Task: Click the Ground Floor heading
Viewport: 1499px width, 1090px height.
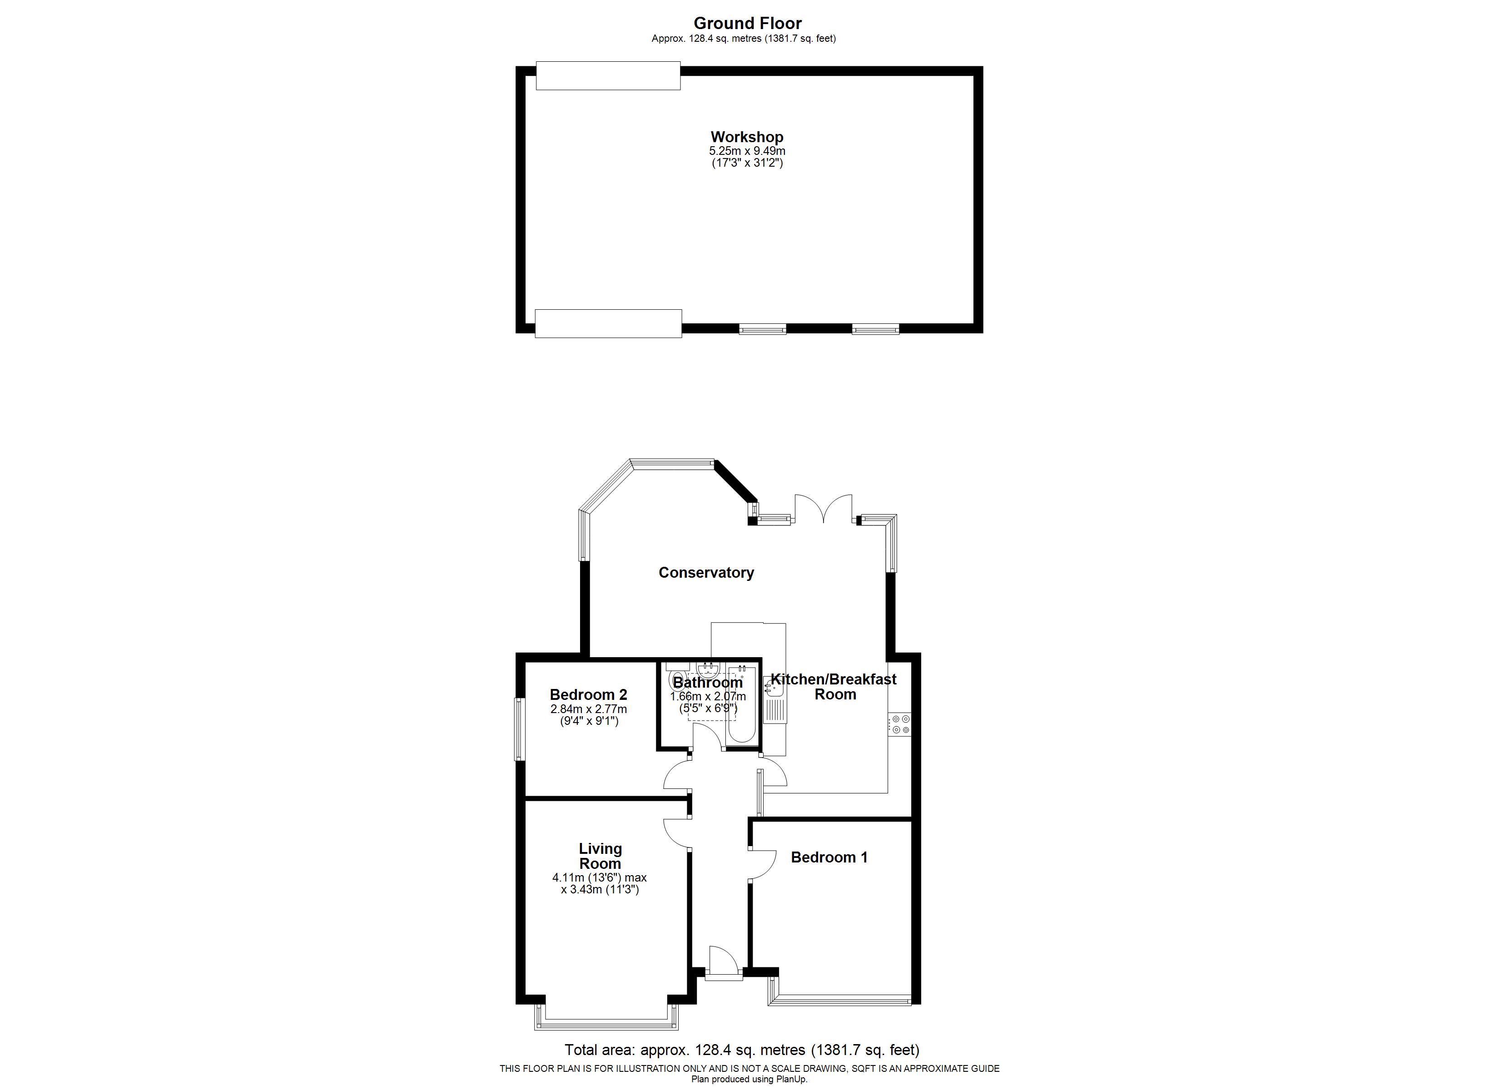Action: (748, 23)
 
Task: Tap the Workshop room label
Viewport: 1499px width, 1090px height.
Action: (747, 137)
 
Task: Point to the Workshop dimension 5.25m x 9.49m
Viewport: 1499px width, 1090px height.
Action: (747, 151)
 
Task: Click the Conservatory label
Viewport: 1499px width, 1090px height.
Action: (706, 572)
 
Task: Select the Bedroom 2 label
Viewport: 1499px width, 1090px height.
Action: (588, 695)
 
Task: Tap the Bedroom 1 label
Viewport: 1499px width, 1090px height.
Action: (829, 857)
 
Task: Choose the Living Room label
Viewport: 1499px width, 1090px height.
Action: (600, 856)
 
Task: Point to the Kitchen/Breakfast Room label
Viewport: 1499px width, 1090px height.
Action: (834, 687)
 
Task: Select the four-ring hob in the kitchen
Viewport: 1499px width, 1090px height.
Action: (899, 724)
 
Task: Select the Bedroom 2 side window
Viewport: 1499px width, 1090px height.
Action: (520, 729)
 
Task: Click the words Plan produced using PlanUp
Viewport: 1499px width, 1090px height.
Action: (749, 1080)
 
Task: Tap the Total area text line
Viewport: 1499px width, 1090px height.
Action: (742, 1050)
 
